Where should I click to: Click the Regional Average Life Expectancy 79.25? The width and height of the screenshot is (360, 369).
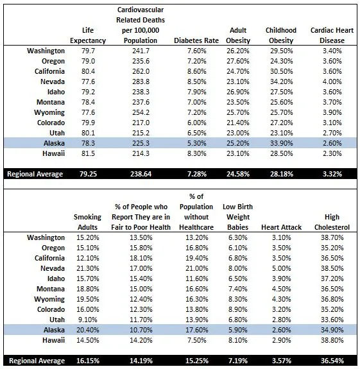(92, 174)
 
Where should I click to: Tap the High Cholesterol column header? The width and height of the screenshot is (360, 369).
(332, 221)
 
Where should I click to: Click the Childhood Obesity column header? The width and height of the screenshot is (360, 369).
(280, 35)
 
